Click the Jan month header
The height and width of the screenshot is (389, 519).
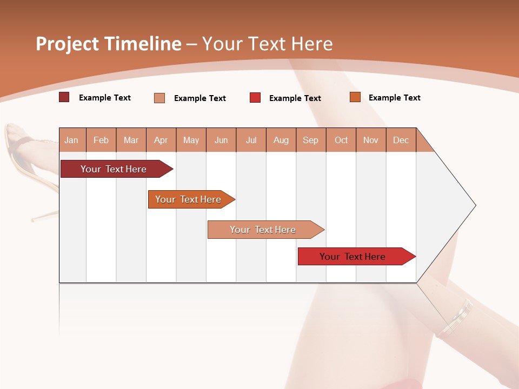point(71,140)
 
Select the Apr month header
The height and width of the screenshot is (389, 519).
point(161,140)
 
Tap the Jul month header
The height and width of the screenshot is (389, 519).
point(251,140)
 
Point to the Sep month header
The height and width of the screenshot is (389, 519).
point(310,140)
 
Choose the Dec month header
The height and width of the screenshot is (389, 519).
point(401,140)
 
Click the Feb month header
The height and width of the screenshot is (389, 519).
point(101,140)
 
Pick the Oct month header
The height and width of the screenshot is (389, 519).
point(341,140)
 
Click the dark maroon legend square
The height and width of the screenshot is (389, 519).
point(64,97)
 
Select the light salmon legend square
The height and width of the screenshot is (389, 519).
point(159,98)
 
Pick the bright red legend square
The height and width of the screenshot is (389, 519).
point(255,98)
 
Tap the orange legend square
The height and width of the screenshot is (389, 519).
point(355,97)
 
